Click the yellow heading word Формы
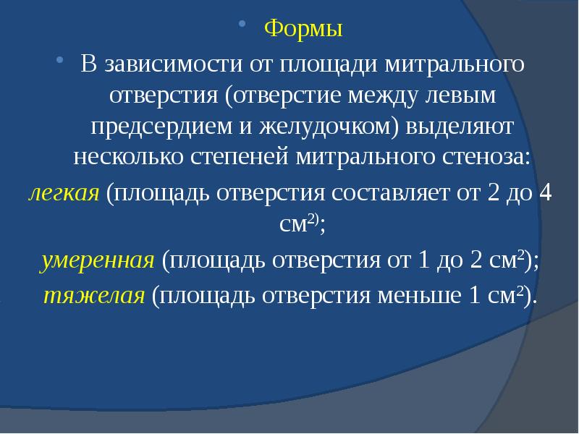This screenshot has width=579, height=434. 303,30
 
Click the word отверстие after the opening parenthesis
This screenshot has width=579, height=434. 282,95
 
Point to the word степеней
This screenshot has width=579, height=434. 244,156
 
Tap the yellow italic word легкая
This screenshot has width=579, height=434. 63,194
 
